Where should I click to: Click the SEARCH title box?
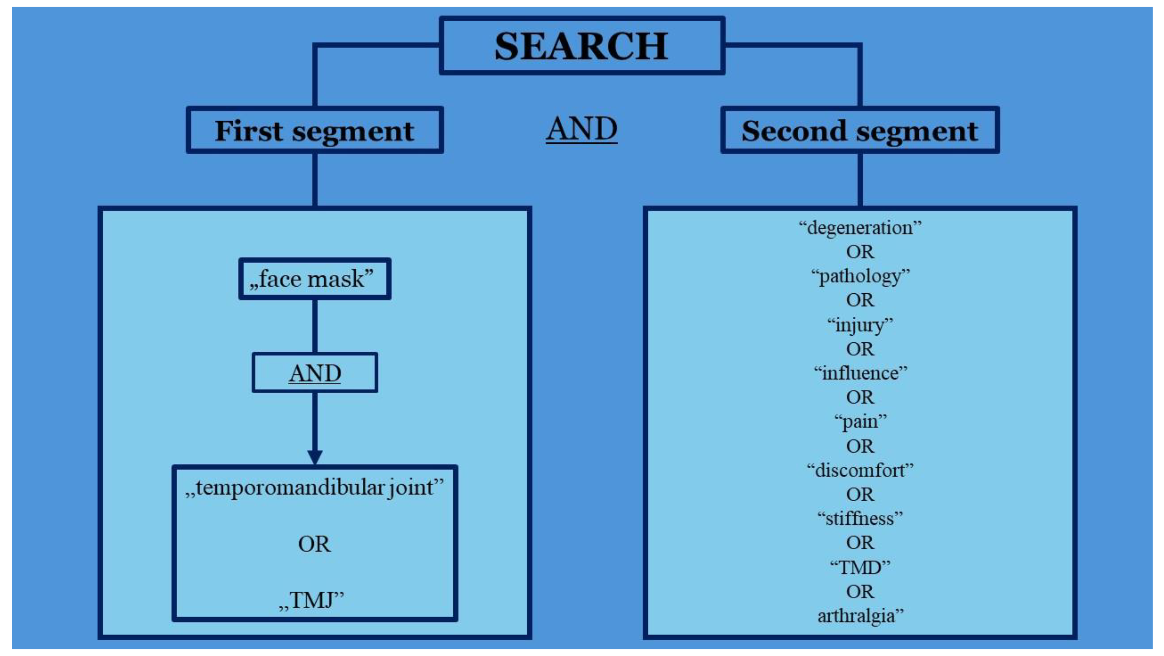[581, 45]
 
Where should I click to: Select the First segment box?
[315, 131]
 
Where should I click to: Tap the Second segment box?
[860, 131]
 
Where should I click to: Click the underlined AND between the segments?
[581, 129]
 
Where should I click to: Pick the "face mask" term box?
[315, 279]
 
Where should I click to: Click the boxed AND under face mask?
[315, 373]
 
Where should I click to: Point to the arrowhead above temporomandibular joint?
[315, 457]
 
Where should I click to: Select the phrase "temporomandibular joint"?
[315, 488]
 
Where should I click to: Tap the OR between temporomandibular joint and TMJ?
[315, 544]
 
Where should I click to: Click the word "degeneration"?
[860, 227]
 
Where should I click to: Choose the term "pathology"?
[860, 276]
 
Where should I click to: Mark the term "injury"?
[860, 325]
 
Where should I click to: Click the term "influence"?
[860, 373]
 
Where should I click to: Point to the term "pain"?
[860, 422]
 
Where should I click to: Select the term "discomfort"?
[860, 470]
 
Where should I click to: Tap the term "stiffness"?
[860, 518]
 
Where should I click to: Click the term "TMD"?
[860, 567]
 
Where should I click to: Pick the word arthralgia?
[860, 616]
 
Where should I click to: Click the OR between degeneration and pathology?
[860, 252]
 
